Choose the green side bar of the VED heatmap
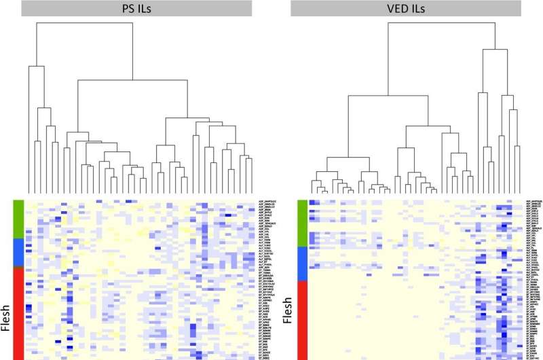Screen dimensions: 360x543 (303, 222)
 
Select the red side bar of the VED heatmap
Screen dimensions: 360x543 (303, 319)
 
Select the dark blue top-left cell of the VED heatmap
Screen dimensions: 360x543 (312, 202)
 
